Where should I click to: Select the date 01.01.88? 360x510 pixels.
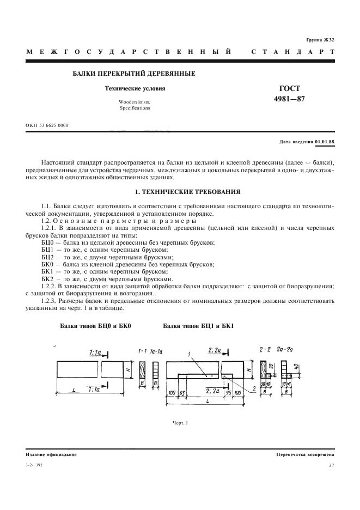click(x=325, y=142)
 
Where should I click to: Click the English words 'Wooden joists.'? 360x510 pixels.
click(x=130, y=102)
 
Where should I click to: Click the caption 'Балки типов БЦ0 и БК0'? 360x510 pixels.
click(x=96, y=326)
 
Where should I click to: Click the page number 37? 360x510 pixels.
click(x=332, y=465)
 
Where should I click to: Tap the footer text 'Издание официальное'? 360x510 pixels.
click(x=51, y=454)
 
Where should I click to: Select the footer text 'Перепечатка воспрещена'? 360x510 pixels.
click(x=305, y=454)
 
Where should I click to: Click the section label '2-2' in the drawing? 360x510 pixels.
click(x=265, y=348)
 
